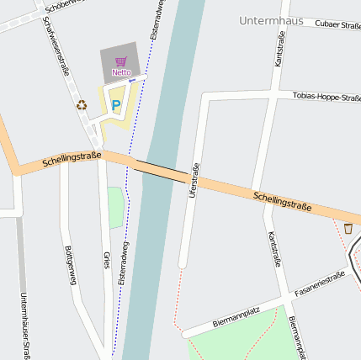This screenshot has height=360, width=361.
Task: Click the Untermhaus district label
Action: [270, 20]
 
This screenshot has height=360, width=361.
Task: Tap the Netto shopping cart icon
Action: [121, 61]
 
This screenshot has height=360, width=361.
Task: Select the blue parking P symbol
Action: [116, 106]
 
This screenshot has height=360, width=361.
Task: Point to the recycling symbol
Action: [82, 105]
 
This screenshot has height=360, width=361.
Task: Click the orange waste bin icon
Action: [348, 228]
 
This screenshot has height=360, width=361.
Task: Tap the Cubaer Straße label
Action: [337, 25]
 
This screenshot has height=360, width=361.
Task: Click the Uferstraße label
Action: [194, 180]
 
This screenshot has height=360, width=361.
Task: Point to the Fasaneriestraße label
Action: [319, 284]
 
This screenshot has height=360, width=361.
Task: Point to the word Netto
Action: [121, 72]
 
